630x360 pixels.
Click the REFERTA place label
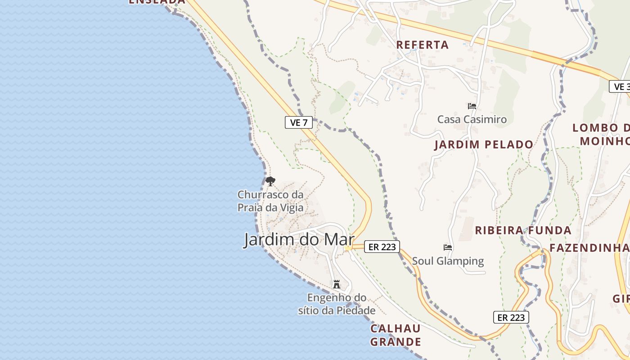pyautogui.click(x=422, y=45)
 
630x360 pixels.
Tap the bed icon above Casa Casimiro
pyautogui.click(x=472, y=106)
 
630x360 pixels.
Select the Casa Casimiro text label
pyautogui.click(x=472, y=119)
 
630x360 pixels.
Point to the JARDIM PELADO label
pyautogui.click(x=484, y=144)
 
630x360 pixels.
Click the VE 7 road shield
pyautogui.click(x=298, y=122)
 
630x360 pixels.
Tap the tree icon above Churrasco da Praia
pyautogui.click(x=270, y=181)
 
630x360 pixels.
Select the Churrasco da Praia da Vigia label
pyautogui.click(x=270, y=201)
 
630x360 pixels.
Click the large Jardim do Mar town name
pyautogui.click(x=299, y=239)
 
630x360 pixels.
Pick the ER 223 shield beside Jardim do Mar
pyautogui.click(x=382, y=247)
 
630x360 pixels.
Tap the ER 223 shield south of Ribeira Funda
pyautogui.click(x=511, y=317)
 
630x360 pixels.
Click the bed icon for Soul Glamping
pyautogui.click(x=447, y=247)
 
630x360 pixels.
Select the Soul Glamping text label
pyautogui.click(x=448, y=261)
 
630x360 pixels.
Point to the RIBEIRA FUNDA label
pyautogui.click(x=523, y=230)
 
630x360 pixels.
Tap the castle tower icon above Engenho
pyautogui.click(x=336, y=284)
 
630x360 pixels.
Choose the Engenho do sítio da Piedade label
pyautogui.click(x=337, y=304)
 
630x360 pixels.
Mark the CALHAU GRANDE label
pyautogui.click(x=395, y=335)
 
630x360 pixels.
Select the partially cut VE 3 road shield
pyautogui.click(x=620, y=86)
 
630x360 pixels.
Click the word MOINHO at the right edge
pyautogui.click(x=604, y=141)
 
